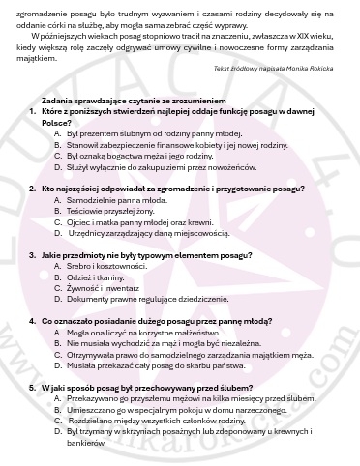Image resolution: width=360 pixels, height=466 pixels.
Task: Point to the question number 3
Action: coord(32,253)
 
